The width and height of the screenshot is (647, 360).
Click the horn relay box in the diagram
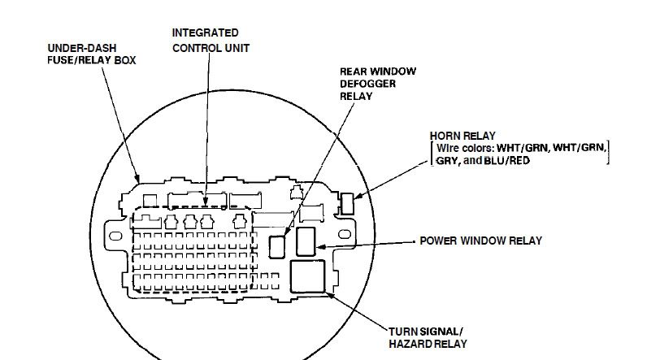[x=347, y=202]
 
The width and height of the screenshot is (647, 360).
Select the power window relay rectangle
[x=306, y=241]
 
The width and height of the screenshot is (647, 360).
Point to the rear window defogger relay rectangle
[x=278, y=245]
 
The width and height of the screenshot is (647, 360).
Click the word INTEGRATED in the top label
[x=206, y=33]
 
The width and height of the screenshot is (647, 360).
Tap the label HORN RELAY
[x=462, y=135]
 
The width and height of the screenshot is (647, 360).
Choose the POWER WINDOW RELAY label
[x=480, y=241]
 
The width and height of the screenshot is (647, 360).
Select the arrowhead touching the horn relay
[x=359, y=196]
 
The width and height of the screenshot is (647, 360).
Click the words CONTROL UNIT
[x=211, y=47]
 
